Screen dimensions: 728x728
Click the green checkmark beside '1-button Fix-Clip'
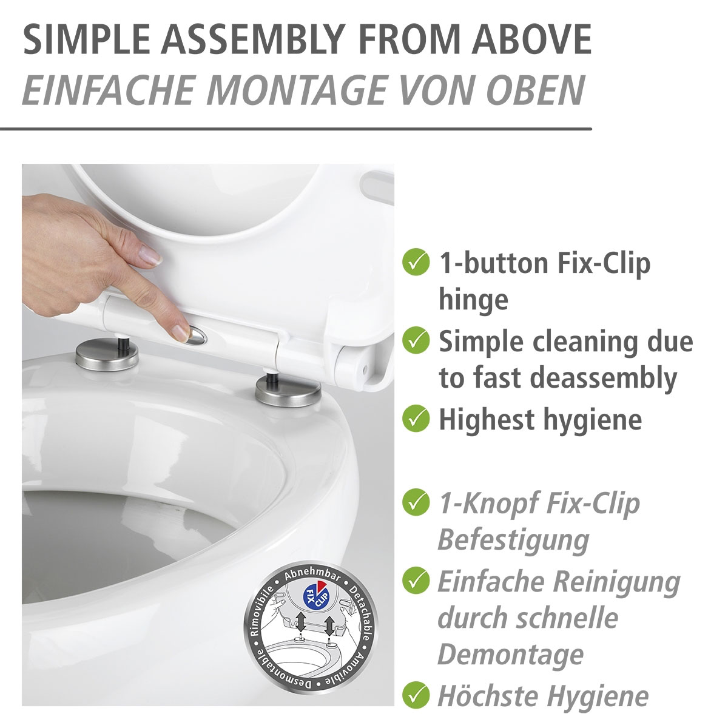pyautogui.click(x=416, y=263)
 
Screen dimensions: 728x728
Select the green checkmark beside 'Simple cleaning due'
pyautogui.click(x=416, y=342)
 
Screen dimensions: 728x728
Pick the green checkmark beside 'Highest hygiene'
pyautogui.click(x=416, y=419)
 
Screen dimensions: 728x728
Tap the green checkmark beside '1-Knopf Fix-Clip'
pyautogui.click(x=416, y=502)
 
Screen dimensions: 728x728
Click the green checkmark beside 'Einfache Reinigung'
pyautogui.click(x=416, y=581)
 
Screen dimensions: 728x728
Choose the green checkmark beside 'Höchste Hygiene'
pyautogui.click(x=416, y=695)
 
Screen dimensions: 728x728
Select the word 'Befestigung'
pyautogui.click(x=513, y=540)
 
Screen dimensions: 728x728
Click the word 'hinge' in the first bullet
pyautogui.click(x=473, y=300)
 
